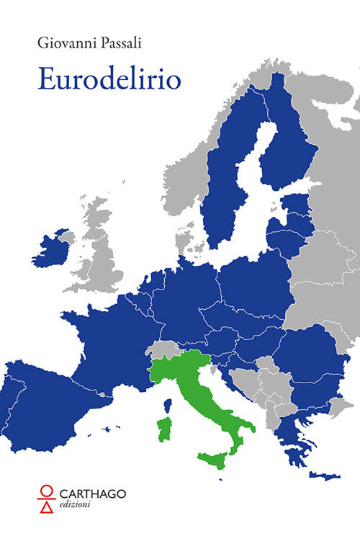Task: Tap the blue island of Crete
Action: click(x=325, y=476)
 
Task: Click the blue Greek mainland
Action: click(x=292, y=439)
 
